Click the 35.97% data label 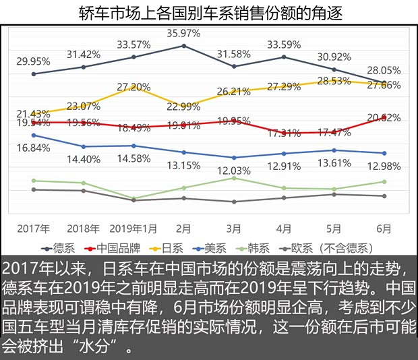click(183, 32)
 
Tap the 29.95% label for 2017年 click(34, 60)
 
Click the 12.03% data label click(233, 171)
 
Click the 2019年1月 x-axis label click(133, 229)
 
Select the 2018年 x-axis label click(83, 229)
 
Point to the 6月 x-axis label click(384, 229)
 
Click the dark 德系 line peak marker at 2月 click(183, 46)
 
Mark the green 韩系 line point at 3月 click(233, 178)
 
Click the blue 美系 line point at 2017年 click(34, 135)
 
